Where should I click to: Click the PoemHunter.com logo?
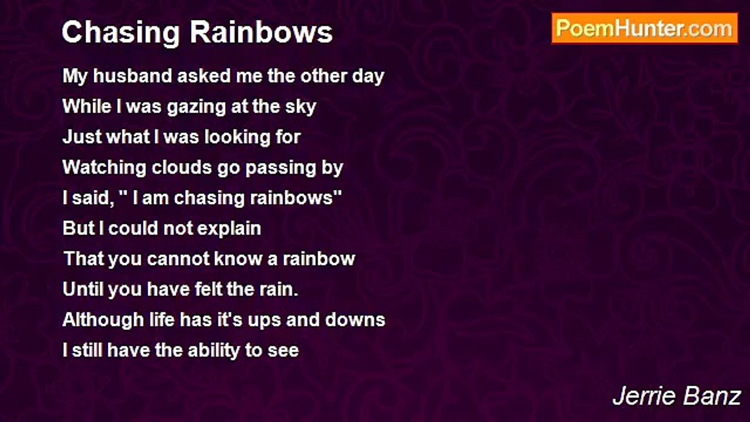[645, 29]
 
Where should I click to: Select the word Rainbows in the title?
[261, 32]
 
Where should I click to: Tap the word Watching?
[104, 168]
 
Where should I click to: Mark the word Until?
[83, 289]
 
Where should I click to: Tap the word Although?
[104, 320]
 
